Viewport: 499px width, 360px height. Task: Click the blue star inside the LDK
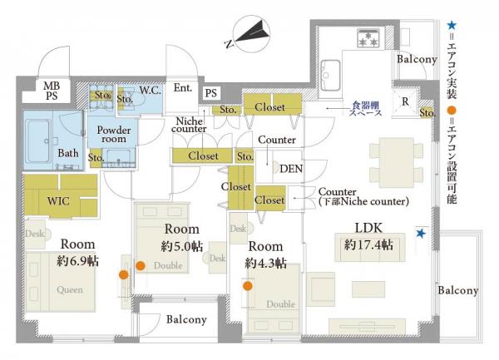click(x=421, y=234)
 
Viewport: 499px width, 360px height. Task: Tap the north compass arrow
click(x=251, y=32)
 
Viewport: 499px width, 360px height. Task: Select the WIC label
click(x=58, y=201)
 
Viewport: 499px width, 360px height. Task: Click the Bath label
click(x=68, y=153)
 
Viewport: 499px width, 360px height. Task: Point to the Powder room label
click(x=114, y=135)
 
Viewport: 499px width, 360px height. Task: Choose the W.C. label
click(x=150, y=91)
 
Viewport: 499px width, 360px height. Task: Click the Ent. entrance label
click(x=183, y=88)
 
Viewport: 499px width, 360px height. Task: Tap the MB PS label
click(x=52, y=91)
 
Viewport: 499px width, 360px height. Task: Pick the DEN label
click(x=291, y=169)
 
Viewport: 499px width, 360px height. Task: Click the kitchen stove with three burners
click(x=368, y=38)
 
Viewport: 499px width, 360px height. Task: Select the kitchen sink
click(x=330, y=76)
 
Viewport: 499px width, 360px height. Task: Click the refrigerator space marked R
click(x=405, y=101)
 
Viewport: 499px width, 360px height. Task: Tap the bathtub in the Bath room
click(x=37, y=141)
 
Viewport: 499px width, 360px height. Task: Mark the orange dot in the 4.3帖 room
click(x=248, y=286)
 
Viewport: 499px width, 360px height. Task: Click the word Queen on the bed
click(x=70, y=289)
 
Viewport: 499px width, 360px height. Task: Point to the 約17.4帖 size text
click(x=368, y=245)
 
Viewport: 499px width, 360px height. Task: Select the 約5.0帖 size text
click(x=181, y=246)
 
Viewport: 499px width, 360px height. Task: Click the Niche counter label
click(x=189, y=125)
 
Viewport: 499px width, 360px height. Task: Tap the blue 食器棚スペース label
click(x=365, y=108)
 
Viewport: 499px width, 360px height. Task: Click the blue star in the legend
click(x=452, y=26)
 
